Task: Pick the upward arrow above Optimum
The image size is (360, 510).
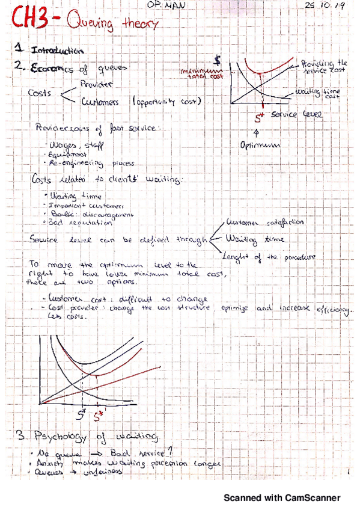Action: tap(258, 132)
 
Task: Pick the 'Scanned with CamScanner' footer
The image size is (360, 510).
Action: tap(282, 498)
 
